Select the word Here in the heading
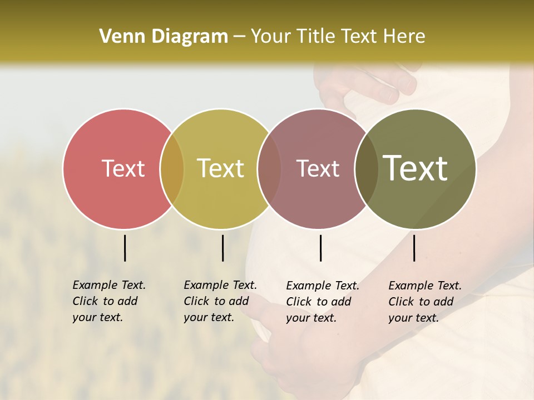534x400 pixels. (x=406, y=37)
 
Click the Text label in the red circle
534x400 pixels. (x=123, y=168)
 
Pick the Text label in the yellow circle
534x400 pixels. (x=220, y=168)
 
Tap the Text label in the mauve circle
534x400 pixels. (x=318, y=168)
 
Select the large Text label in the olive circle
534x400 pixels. (x=415, y=168)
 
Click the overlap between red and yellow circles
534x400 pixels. (x=172, y=168)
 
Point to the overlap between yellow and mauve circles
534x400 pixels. (x=269, y=168)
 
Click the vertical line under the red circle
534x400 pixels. (x=125, y=248)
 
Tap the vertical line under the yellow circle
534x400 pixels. (x=222, y=248)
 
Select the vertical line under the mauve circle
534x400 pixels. (x=320, y=248)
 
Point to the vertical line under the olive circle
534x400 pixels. (x=414, y=248)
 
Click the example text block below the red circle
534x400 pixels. (x=109, y=301)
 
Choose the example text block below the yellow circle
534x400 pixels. (x=220, y=301)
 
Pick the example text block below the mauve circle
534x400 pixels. (x=323, y=302)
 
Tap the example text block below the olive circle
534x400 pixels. (x=425, y=302)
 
